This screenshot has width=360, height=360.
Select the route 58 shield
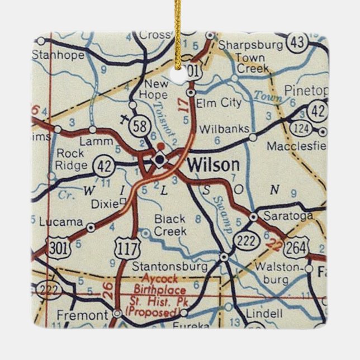coord(138,127)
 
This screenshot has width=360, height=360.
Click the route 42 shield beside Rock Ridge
coord(103,165)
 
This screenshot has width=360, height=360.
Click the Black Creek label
coord(170,225)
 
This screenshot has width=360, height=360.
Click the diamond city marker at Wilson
coord(160,160)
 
